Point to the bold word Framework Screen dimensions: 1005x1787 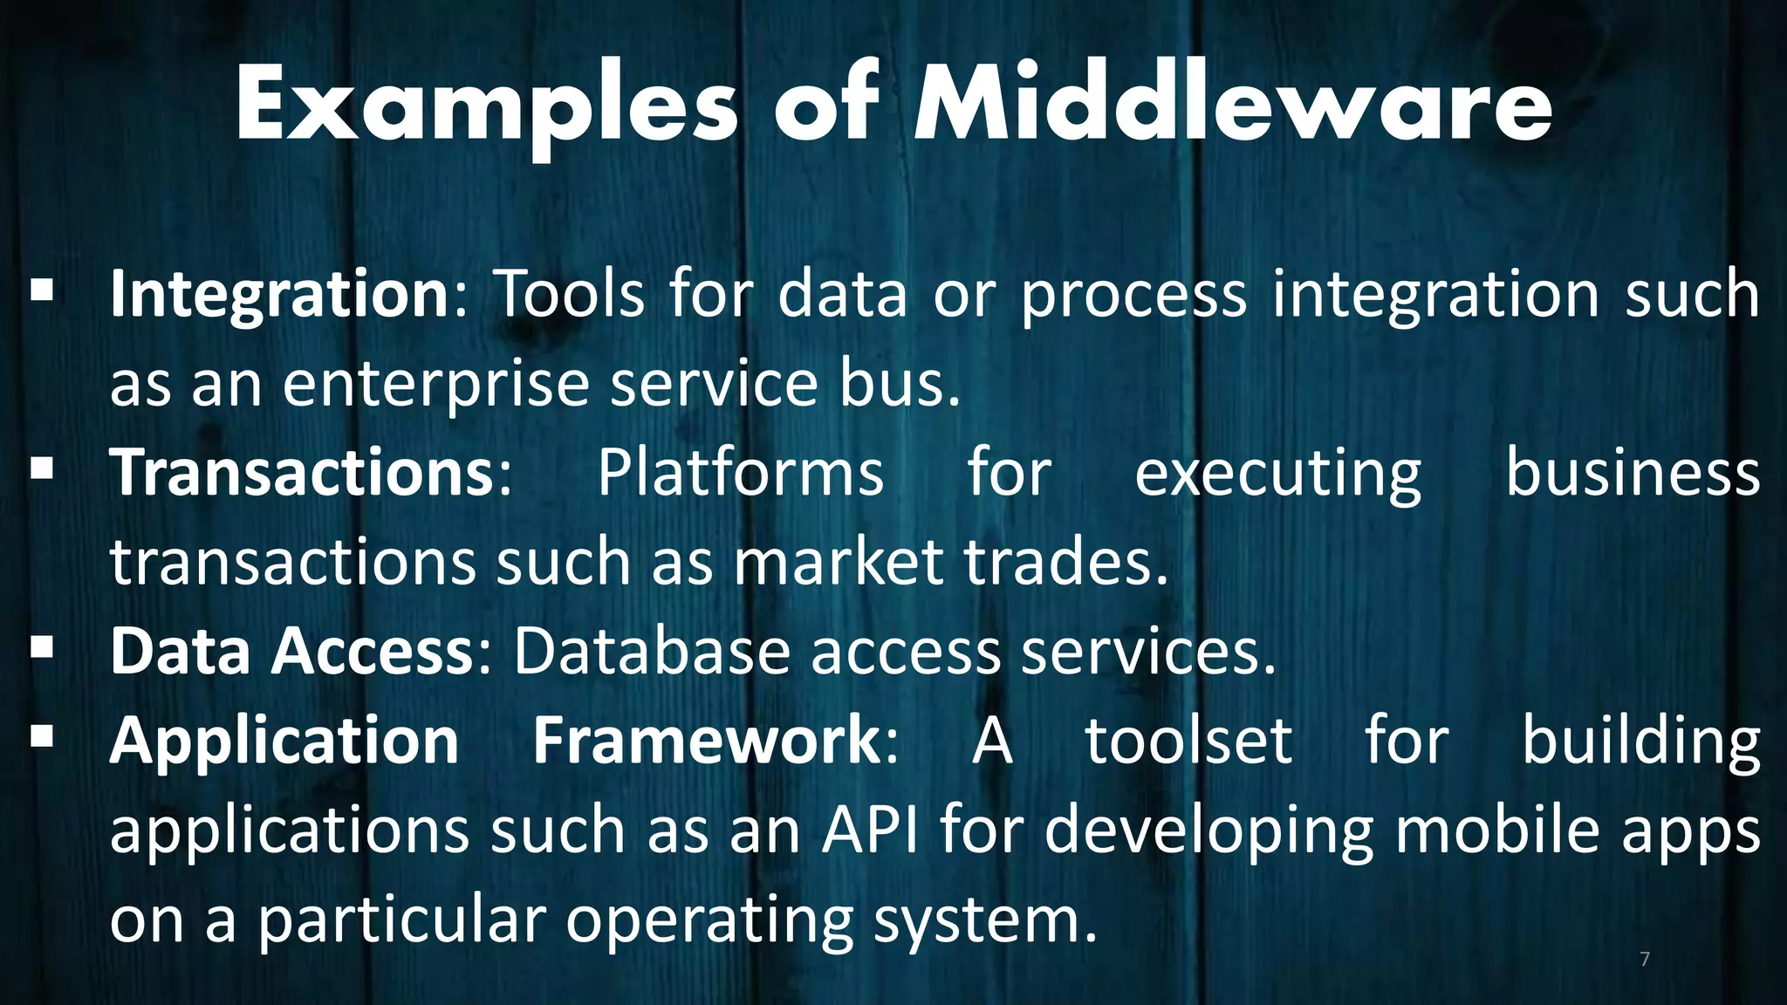pos(707,741)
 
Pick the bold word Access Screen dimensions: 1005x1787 pos(372,652)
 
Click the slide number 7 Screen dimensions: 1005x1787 pos(1645,960)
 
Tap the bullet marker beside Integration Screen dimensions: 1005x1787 pos(42,290)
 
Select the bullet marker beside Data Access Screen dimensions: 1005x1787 pos(42,646)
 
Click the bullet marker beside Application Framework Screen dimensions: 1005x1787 pos(42,736)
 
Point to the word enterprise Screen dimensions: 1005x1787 pos(436,385)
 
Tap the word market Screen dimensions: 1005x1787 pos(838,563)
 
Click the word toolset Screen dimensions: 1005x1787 pos(1188,741)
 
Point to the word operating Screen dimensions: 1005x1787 pos(709,921)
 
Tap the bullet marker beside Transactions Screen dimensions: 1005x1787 pos(42,468)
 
